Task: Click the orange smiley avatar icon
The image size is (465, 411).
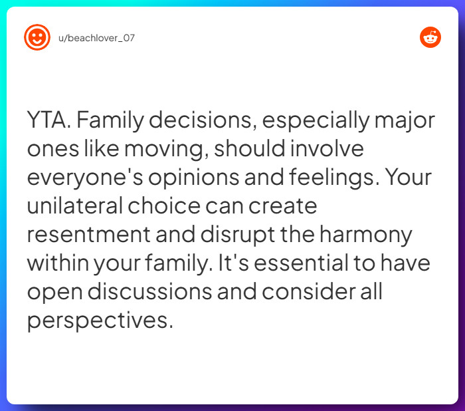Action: tap(37, 37)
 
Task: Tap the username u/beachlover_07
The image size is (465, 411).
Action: tap(97, 38)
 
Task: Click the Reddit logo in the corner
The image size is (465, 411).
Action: tap(430, 37)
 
